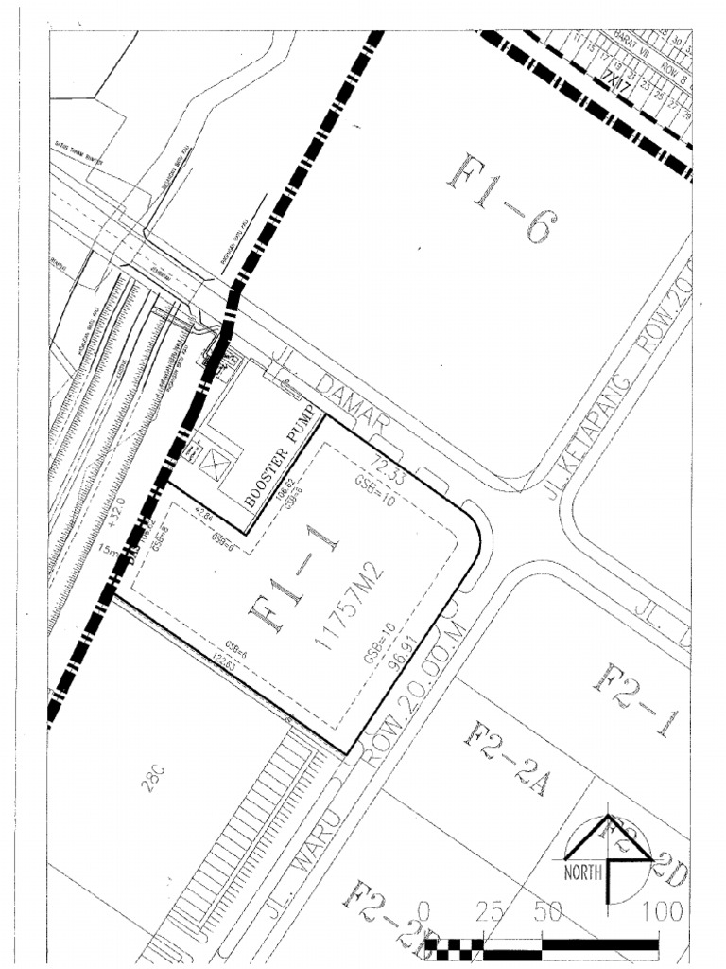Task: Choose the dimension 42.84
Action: pyautogui.click(x=206, y=521)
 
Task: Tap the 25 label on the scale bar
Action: pyautogui.click(x=489, y=913)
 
